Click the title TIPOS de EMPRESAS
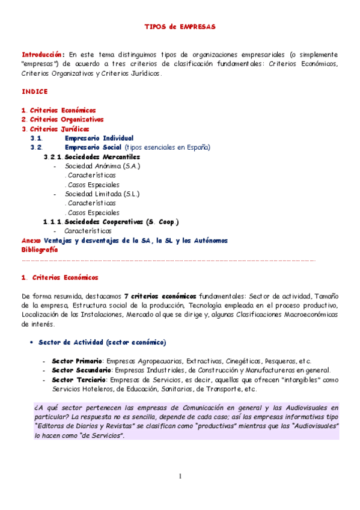180,27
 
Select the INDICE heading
34,91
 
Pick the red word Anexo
31,240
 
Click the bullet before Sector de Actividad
31,343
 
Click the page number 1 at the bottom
180,477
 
